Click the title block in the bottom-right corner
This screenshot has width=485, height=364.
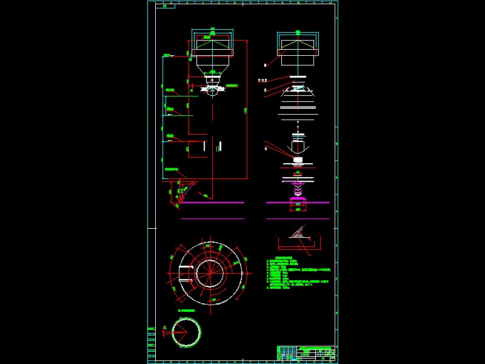306,354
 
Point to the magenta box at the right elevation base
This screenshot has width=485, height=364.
297,206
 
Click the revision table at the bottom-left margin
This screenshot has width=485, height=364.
152,343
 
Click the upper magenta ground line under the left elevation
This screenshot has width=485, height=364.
212,203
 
